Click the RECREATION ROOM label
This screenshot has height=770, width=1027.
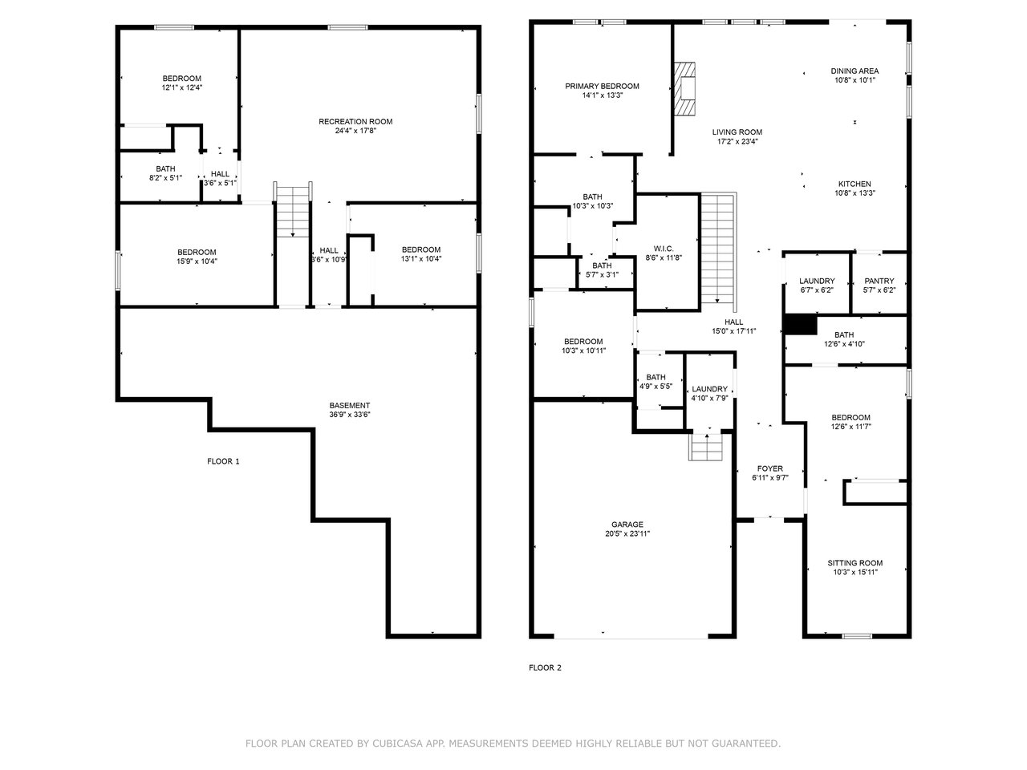point(355,122)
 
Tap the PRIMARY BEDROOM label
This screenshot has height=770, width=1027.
point(602,86)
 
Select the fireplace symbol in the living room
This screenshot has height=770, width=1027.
point(684,88)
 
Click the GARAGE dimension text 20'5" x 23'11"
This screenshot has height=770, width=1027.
point(627,533)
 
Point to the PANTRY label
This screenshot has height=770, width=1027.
point(879,281)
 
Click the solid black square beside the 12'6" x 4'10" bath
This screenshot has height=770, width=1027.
point(801,326)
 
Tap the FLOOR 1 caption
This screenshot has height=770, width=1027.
point(223,461)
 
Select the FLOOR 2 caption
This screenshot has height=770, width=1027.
point(545,667)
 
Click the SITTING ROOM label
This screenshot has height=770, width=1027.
point(854,563)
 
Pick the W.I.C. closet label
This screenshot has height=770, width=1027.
point(664,249)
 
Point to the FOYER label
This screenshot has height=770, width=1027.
point(770,469)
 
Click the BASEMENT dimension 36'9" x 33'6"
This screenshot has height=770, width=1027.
point(350,415)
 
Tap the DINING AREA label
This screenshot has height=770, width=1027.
point(854,71)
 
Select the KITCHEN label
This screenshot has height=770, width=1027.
point(854,184)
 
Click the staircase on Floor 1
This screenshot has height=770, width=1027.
point(292,210)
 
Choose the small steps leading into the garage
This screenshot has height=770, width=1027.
point(705,447)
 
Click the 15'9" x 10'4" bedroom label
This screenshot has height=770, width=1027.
point(197,253)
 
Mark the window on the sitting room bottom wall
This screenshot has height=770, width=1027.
point(857,636)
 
